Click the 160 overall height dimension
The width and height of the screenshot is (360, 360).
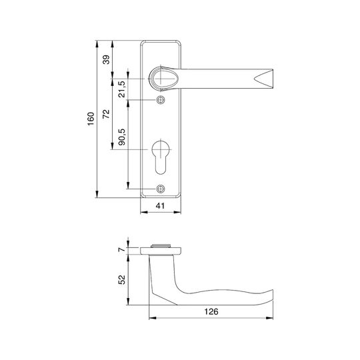(91, 119)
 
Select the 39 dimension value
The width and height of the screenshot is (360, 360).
(106, 60)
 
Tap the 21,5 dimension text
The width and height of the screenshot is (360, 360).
(122, 89)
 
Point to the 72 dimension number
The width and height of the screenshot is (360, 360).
(106, 114)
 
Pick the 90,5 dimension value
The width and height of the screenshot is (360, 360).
(122, 137)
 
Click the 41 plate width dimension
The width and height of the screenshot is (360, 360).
(160, 206)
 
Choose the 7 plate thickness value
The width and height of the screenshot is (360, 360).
(122, 249)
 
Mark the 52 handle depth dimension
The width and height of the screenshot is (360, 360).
(122, 280)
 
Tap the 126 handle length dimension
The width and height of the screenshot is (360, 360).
(211, 311)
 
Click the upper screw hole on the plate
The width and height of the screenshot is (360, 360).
(161, 100)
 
